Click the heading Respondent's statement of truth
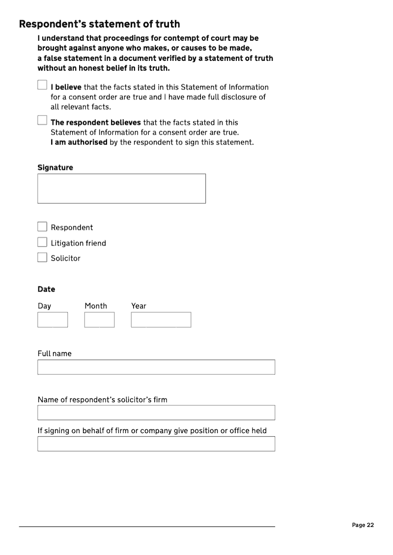99,24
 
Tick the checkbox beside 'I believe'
42,85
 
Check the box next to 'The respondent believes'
42,120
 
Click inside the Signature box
121,189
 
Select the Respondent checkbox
42,227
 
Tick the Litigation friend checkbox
42,242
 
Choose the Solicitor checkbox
42,257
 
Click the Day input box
53,320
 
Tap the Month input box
99,320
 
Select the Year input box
161,320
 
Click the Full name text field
156,367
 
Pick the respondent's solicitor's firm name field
156,413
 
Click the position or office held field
156,444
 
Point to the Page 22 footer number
363,525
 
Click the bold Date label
46,289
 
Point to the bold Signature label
55,167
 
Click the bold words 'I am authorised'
79,142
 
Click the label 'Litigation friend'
78,243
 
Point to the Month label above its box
95,306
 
